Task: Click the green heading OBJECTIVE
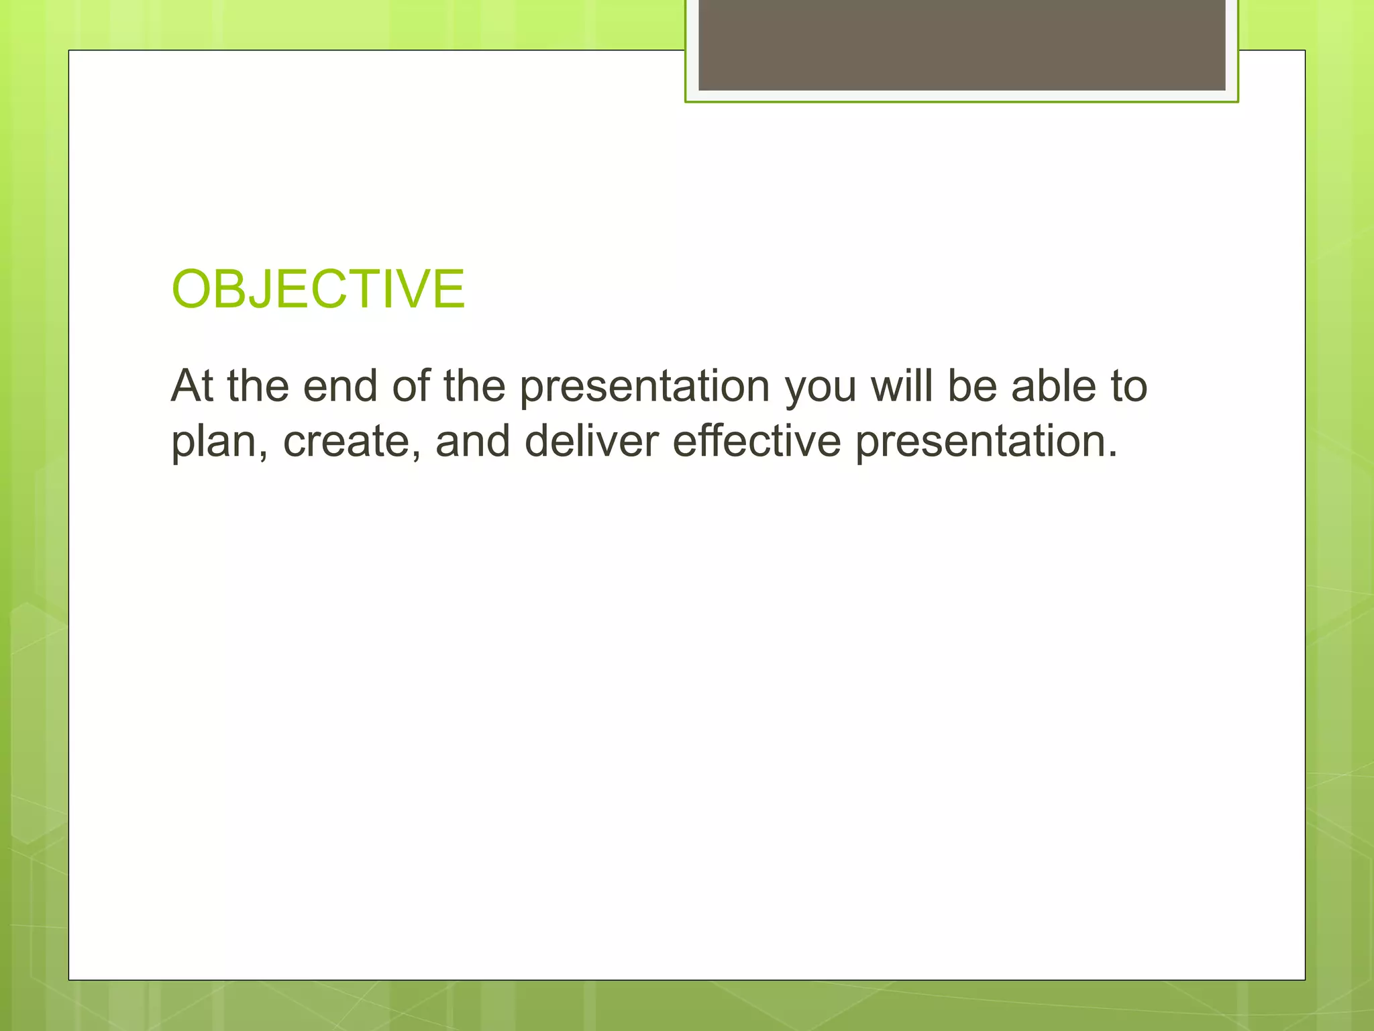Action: (x=318, y=289)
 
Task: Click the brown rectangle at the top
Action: (x=961, y=44)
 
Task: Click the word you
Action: (x=821, y=388)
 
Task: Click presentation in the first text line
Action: (x=645, y=388)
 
